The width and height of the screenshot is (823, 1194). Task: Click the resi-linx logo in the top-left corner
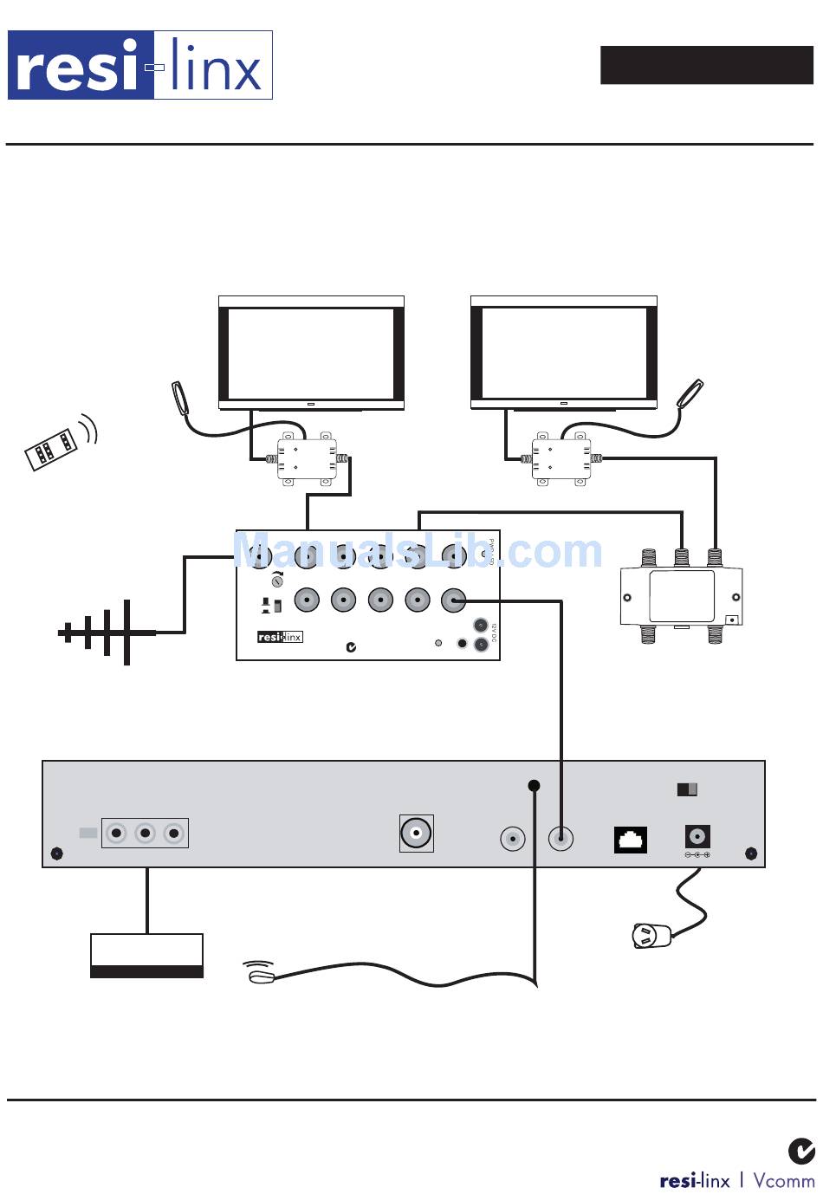click(x=140, y=65)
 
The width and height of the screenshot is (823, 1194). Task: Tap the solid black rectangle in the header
click(x=707, y=65)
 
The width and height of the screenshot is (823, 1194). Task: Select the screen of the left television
click(x=310, y=353)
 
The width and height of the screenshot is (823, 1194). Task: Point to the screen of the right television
click(x=564, y=353)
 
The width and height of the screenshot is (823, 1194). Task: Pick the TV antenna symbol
click(x=106, y=633)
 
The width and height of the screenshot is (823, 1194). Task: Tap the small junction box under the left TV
click(x=307, y=458)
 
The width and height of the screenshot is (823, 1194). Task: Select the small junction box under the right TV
click(x=561, y=458)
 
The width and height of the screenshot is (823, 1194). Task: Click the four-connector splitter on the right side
click(x=682, y=596)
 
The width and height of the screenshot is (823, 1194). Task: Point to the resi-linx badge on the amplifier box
click(x=280, y=637)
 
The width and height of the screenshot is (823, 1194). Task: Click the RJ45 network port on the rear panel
click(x=631, y=840)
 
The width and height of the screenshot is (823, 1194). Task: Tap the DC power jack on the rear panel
click(x=697, y=837)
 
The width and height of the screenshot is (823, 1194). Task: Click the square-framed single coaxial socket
click(x=417, y=834)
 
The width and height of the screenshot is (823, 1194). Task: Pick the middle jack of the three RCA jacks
click(x=146, y=834)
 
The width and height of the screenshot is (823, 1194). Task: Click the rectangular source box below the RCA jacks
click(x=147, y=956)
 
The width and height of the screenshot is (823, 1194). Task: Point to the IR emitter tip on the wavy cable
click(x=260, y=977)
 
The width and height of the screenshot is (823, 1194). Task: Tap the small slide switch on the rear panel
click(x=687, y=789)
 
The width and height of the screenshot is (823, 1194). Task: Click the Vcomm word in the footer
click(x=783, y=1180)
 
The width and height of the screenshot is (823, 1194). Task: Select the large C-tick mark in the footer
click(x=801, y=1151)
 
